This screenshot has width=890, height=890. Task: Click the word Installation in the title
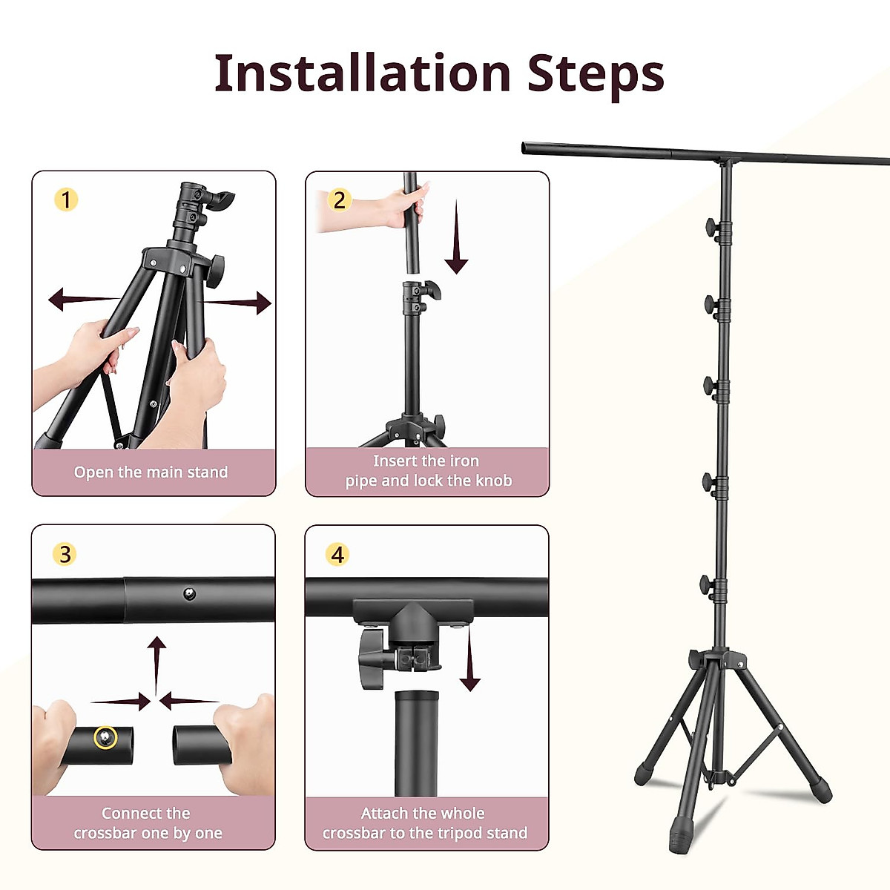pos(363,73)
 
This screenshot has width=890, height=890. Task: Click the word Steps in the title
pos(596,75)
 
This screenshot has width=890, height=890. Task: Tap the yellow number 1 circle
pos(66,200)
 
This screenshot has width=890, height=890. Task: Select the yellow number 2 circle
pos(340,200)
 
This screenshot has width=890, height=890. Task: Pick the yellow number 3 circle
pos(65,554)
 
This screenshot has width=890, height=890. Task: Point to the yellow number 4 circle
pos(338,554)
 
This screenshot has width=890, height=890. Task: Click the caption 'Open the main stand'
pos(151,472)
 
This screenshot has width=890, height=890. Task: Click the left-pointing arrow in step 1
pos(74,300)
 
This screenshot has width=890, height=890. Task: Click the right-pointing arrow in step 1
pos(245,303)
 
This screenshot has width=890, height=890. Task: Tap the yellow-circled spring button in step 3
pos(106,737)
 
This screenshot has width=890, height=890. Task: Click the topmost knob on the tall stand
pos(712,228)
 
